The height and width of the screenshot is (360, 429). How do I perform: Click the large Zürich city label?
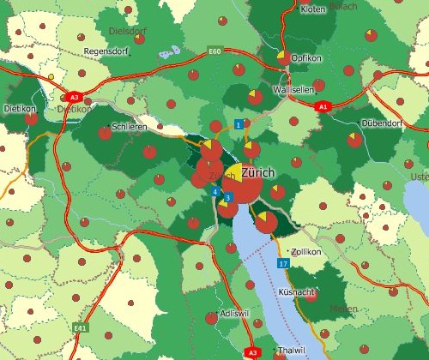[258, 172]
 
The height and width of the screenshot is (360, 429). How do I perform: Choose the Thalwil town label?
[292, 351]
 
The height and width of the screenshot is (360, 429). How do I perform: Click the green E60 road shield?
[215, 52]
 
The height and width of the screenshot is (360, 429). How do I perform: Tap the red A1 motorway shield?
[323, 106]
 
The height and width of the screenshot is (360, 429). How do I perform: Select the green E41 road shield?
[81, 327]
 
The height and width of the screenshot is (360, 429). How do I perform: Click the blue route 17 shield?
[283, 264]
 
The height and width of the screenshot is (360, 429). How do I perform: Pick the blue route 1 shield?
[238, 125]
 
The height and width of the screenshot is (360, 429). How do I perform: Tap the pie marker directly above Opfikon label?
[282, 58]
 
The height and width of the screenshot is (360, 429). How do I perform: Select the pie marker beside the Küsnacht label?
[311, 295]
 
